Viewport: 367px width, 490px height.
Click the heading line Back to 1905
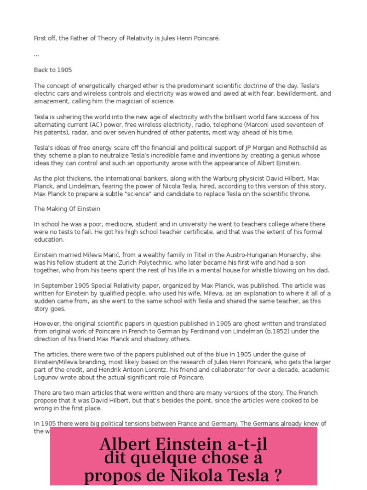click(x=53, y=70)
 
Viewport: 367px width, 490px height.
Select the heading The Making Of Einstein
click(x=67, y=209)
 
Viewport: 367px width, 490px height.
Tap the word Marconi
click(x=259, y=125)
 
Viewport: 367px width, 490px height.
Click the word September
click(x=56, y=286)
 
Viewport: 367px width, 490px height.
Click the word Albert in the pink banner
click(x=125, y=444)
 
